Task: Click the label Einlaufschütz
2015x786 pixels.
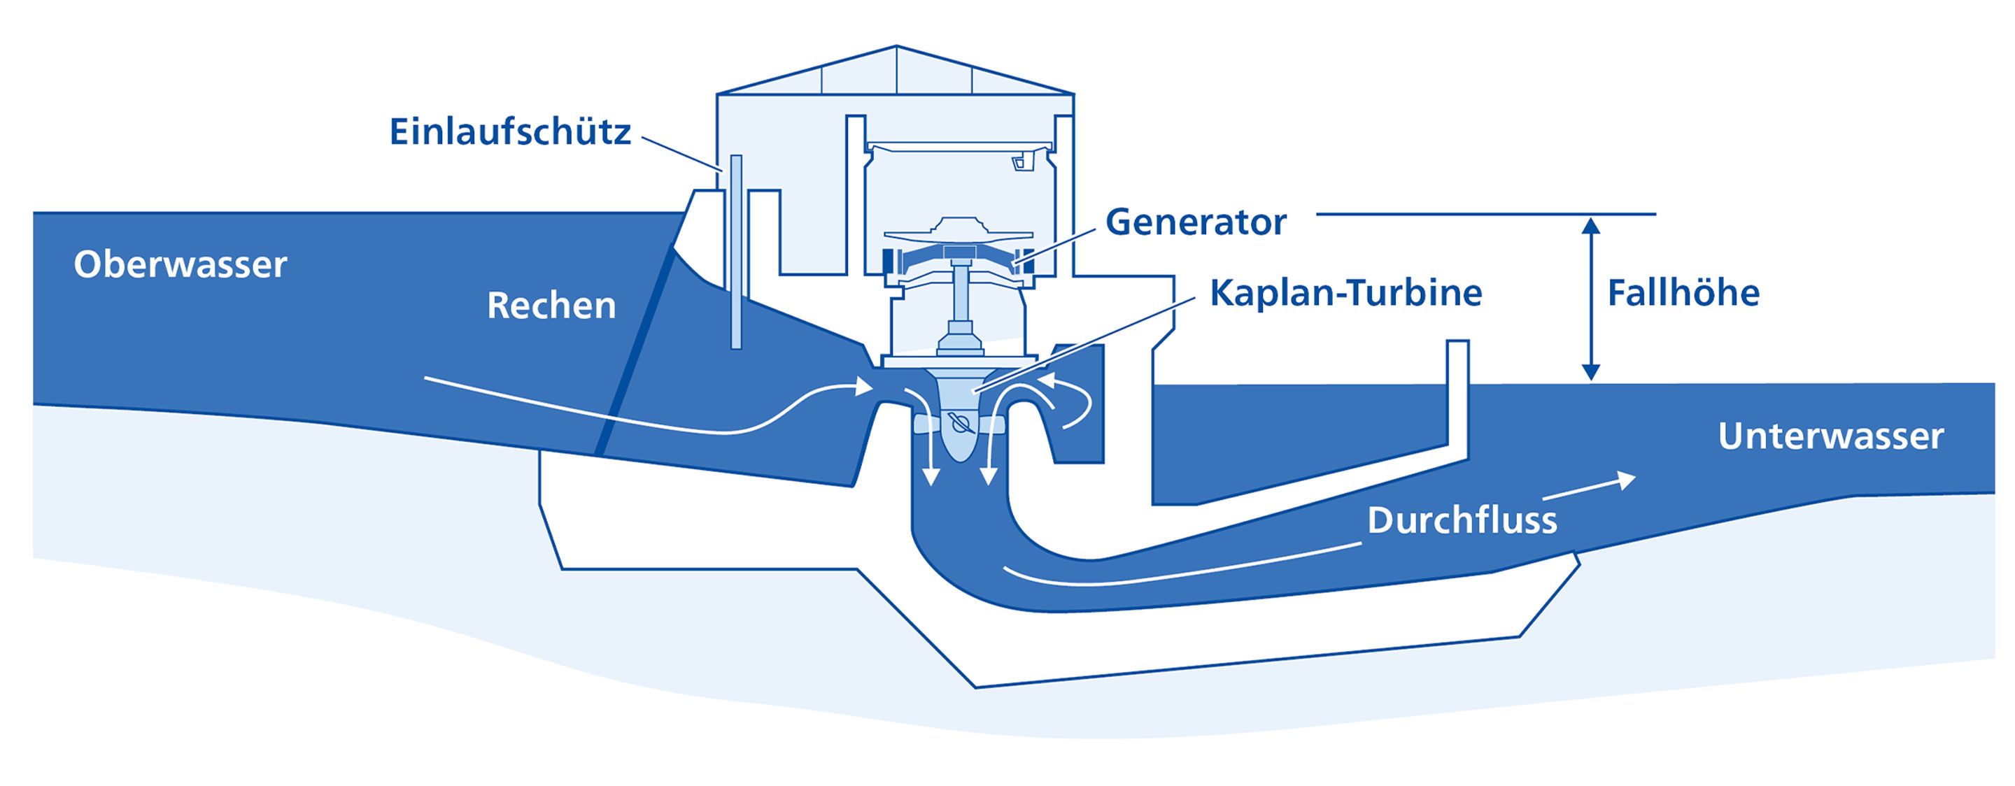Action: (510, 131)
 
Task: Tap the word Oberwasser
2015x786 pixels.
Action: (181, 264)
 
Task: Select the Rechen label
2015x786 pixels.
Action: (551, 305)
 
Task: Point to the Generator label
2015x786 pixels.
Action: (1195, 222)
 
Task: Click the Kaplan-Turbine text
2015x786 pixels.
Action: (1345, 292)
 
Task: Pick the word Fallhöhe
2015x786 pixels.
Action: (1683, 293)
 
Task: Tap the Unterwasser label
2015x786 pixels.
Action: (1830, 436)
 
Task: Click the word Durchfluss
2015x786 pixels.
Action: (1462, 520)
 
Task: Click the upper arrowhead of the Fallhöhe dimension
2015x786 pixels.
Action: (1590, 225)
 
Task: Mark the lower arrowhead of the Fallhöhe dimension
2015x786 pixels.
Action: (1590, 372)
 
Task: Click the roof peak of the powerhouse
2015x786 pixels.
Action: (896, 46)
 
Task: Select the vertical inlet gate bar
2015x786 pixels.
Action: (736, 252)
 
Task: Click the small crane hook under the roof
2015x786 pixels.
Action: (1022, 162)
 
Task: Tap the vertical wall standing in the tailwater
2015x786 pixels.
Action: (1457, 399)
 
